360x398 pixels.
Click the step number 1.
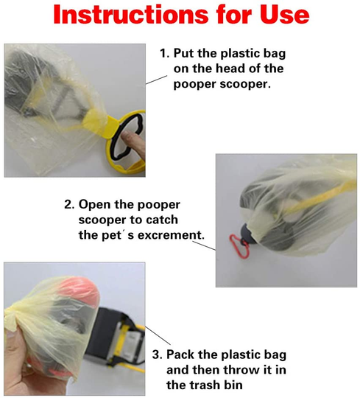coord(163,54)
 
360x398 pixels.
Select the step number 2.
coord(68,204)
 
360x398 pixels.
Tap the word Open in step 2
coord(95,204)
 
